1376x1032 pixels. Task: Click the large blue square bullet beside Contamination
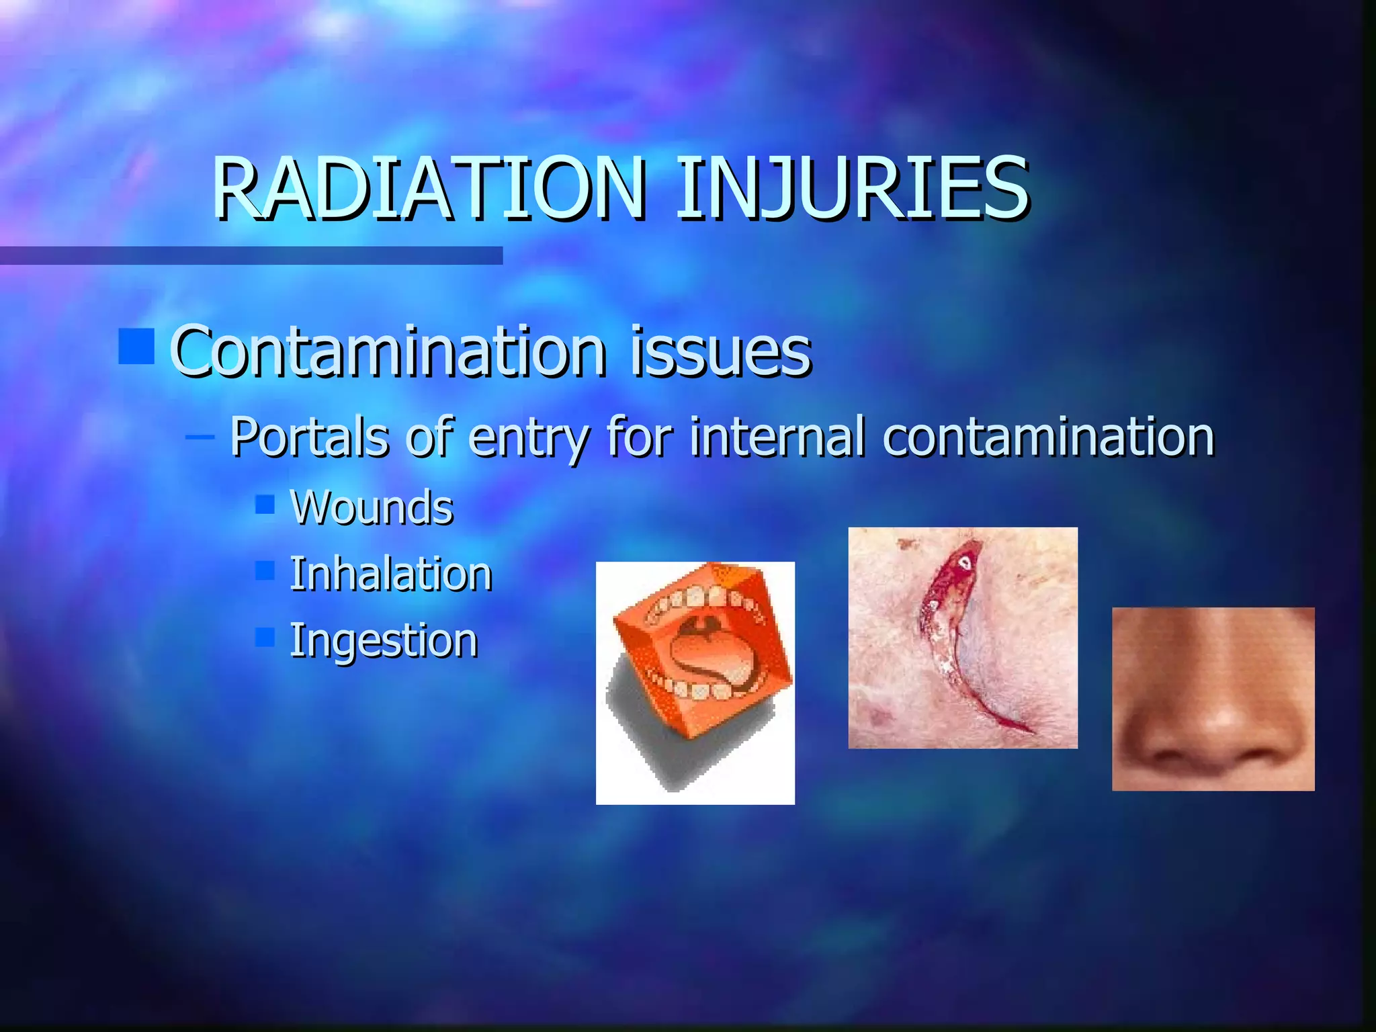point(136,346)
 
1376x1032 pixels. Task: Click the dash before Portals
point(200,437)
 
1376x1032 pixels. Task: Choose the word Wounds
point(372,507)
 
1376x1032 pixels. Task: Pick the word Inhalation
point(390,574)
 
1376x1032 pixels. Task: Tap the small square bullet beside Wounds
point(265,504)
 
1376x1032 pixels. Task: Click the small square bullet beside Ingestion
point(265,637)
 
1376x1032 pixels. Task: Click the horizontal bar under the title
point(251,255)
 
